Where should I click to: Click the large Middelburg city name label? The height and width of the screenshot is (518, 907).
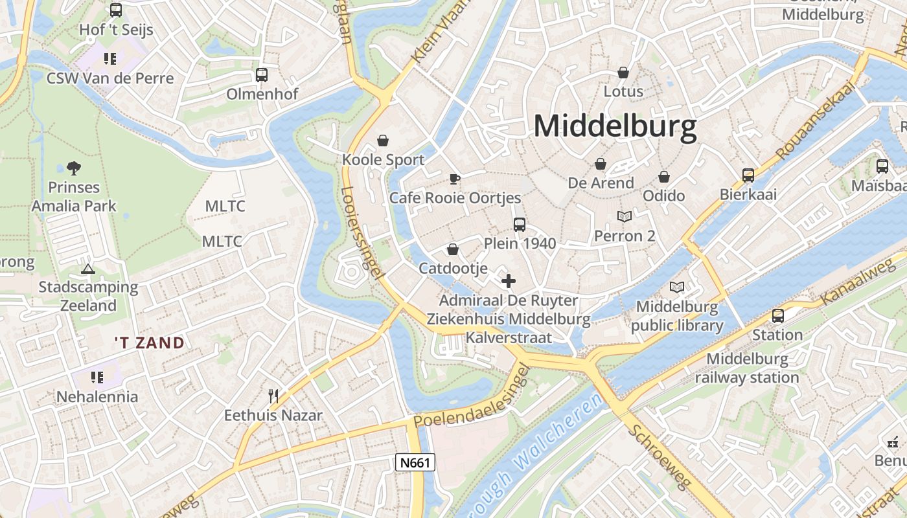tap(615, 126)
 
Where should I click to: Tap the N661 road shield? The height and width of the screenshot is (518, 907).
tap(415, 462)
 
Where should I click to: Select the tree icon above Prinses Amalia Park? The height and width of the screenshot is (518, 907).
tap(74, 168)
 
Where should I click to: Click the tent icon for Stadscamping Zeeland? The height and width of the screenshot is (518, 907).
tap(88, 268)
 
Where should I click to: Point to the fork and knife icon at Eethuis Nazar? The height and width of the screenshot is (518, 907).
tap(273, 396)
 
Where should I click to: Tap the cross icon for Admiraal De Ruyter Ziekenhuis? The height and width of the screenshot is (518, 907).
tap(509, 281)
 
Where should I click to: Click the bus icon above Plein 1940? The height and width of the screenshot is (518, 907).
tap(520, 225)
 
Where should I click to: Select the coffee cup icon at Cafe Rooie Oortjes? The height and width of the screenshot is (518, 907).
tap(455, 179)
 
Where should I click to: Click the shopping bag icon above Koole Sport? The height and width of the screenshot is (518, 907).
tap(384, 141)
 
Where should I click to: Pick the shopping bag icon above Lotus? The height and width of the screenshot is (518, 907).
tap(623, 72)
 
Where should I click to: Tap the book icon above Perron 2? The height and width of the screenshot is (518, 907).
tap(625, 216)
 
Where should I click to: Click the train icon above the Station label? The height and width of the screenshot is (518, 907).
tap(777, 316)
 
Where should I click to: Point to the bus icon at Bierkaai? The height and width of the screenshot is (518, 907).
tap(748, 175)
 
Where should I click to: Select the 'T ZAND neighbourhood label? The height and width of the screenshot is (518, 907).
tap(150, 343)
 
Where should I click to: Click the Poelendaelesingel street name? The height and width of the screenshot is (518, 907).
tap(472, 396)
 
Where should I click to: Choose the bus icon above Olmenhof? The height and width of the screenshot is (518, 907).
tap(262, 75)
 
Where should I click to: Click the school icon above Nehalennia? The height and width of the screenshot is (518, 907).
tap(97, 377)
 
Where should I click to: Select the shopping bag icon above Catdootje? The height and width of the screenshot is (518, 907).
tap(453, 249)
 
